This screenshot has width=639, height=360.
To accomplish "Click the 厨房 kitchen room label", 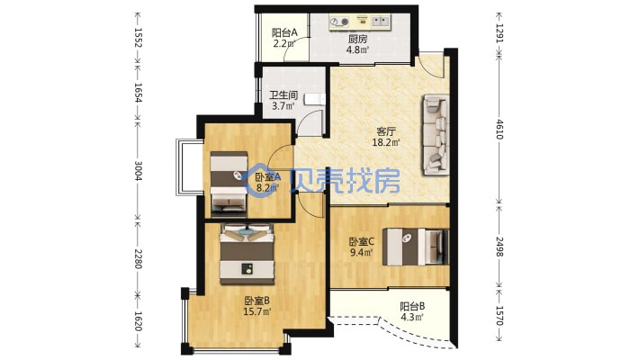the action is pyautogui.click(x=357, y=40).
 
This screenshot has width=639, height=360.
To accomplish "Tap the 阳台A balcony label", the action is pyautogui.click(x=284, y=32).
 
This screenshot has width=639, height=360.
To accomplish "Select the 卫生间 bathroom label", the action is pyautogui.click(x=283, y=95).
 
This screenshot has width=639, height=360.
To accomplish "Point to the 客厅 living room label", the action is pyautogui.click(x=386, y=131).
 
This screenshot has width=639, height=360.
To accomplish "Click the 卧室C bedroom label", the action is pyautogui.click(x=362, y=242).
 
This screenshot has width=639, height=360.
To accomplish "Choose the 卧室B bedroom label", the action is pyautogui.click(x=257, y=301).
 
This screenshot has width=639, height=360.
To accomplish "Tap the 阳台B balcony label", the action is pyautogui.click(x=412, y=306).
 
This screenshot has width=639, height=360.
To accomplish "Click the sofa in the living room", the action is pyautogui.click(x=436, y=134).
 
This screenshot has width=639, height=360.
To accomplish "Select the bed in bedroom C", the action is pyautogui.click(x=416, y=247).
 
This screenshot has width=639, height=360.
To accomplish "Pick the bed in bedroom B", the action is pyautogui.click(x=247, y=254).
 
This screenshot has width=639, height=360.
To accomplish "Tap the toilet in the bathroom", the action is pyautogui.click(x=315, y=99).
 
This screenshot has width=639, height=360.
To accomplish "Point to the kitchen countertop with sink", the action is pyautogui.click(x=360, y=22).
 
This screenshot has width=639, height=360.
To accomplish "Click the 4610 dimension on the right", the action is pyautogui.click(x=499, y=130).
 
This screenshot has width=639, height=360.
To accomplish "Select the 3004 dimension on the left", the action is pyautogui.click(x=139, y=171).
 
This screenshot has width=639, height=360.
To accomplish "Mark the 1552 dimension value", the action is pyautogui.click(x=139, y=38).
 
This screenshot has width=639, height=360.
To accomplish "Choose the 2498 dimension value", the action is pyautogui.click(x=499, y=247).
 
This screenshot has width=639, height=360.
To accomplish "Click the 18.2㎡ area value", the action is pyautogui.click(x=385, y=142).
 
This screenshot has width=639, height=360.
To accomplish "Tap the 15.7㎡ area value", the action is pyautogui.click(x=257, y=312).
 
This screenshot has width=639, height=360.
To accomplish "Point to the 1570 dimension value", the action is pyautogui.click(x=499, y=316).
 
